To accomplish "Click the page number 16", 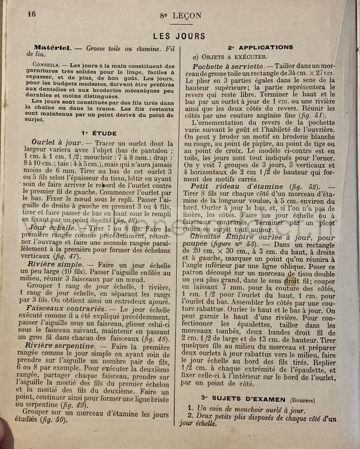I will pyautogui.click(x=31, y=13).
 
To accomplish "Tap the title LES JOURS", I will pyautogui.click(x=179, y=36).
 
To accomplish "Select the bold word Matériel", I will pyautogui.click(x=52, y=47).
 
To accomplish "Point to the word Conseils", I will pyautogui.click(x=45, y=64).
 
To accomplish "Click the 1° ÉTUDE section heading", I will pyautogui.click(x=99, y=133).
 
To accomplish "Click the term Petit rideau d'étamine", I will pyautogui.click(x=237, y=186).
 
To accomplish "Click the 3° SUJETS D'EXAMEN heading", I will pyautogui.click(x=243, y=399).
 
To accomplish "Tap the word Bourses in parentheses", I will pyautogui.click(x=302, y=400).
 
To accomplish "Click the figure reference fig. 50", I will pyautogui.click(x=54, y=420).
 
